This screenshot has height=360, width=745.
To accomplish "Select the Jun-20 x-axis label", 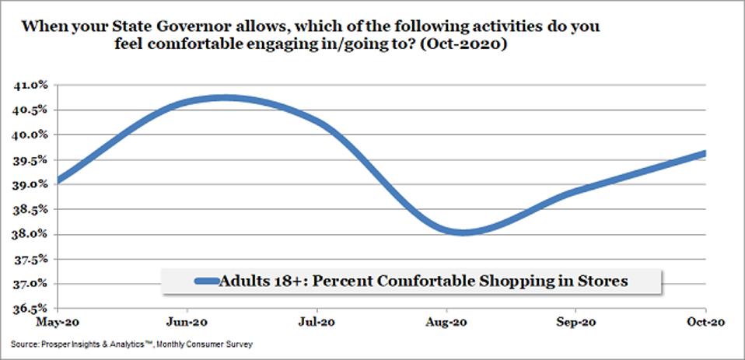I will tap(188, 320).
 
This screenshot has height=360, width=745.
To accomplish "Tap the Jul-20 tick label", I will tap(318, 320).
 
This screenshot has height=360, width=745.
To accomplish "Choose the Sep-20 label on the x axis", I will tap(576, 320).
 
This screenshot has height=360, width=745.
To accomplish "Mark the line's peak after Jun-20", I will tap(224, 98).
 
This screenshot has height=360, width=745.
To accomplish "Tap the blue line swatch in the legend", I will tap(194, 281).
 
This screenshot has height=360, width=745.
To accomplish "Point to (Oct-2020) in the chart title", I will tap(471, 46).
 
